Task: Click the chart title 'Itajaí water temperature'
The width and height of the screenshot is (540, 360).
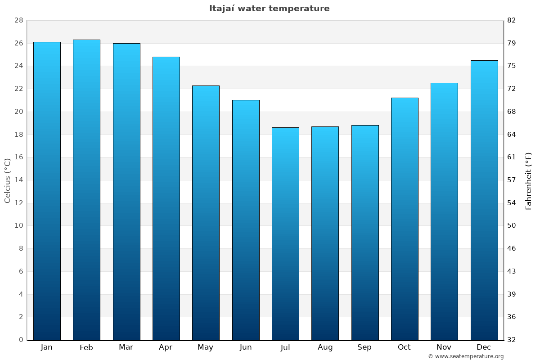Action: (269, 9)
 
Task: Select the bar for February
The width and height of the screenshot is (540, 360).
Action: (86, 189)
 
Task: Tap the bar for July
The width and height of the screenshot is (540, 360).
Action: (285, 234)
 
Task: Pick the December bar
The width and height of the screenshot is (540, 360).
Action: (484, 200)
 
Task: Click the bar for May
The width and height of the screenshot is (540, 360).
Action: (206, 212)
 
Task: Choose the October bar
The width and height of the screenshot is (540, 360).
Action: (405, 219)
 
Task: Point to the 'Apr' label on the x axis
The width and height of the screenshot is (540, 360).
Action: (166, 347)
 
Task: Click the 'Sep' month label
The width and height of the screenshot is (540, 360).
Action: (364, 347)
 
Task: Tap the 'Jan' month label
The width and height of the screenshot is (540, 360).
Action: (46, 347)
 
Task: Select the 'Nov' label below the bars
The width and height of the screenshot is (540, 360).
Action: (444, 347)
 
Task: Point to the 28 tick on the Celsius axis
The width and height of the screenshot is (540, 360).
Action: (18, 21)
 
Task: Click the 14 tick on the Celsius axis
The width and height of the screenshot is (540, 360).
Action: (18, 180)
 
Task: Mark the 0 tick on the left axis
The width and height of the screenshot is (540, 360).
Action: (21, 340)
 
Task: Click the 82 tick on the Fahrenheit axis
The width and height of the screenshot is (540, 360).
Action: (512, 21)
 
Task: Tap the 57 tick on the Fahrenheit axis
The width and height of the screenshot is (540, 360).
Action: (512, 180)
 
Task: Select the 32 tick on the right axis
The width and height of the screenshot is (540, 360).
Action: (512, 340)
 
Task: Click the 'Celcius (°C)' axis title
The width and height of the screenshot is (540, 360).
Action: (8, 180)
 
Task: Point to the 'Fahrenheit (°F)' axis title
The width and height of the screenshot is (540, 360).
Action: (529, 180)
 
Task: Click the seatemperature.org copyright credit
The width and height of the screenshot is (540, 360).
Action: (466, 356)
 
